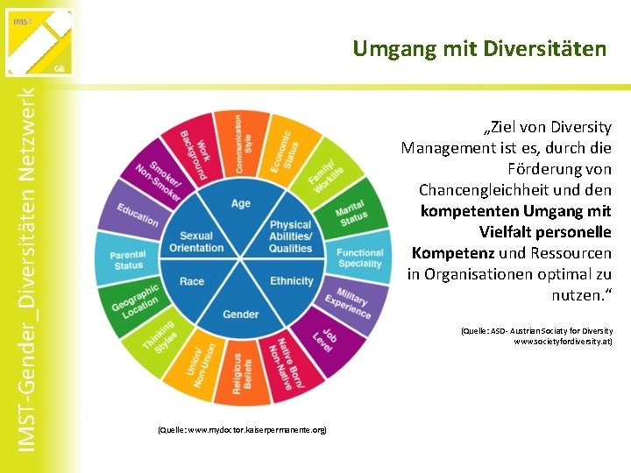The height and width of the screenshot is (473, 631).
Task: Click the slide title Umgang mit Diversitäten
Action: [x=479, y=49]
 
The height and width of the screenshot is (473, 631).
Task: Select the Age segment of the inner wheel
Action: [x=241, y=204]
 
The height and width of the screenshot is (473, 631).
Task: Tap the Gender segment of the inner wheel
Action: [x=241, y=314]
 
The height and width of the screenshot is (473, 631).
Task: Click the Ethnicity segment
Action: [x=291, y=281]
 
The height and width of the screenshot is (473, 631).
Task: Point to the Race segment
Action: [x=192, y=281]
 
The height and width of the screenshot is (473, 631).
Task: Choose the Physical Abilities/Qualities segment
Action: [x=290, y=236]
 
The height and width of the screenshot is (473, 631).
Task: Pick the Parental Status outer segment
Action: [x=128, y=260]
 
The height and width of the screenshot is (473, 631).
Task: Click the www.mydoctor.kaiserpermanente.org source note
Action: [x=241, y=430]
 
